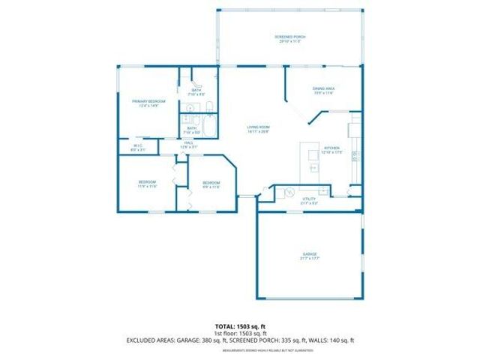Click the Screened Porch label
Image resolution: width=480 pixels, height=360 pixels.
[289, 37]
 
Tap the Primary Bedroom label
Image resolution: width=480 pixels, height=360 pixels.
[148, 101]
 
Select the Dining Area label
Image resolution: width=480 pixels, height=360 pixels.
[323, 88]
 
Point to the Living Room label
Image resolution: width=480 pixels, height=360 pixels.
[259, 127]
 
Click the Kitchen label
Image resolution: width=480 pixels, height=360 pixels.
[331, 148]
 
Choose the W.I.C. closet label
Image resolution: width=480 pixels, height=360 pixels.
[138, 146]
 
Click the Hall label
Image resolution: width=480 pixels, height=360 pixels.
[189, 142]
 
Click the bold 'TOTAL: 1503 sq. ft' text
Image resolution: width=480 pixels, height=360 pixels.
[239, 327]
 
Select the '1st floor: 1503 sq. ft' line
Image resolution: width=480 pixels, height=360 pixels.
[239, 334]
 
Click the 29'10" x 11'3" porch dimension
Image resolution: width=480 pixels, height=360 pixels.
[289, 42]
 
